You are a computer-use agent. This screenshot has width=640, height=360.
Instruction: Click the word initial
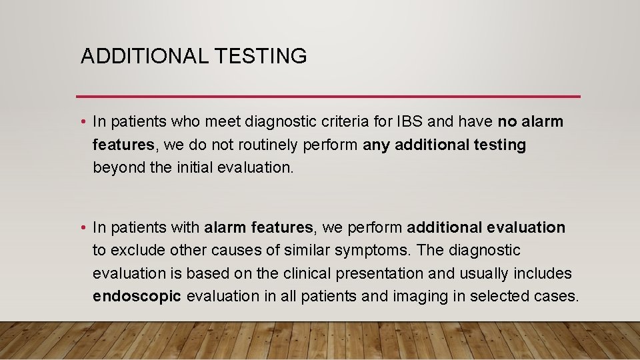click(x=195, y=168)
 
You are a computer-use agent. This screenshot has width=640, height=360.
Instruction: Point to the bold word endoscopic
click(x=137, y=296)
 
